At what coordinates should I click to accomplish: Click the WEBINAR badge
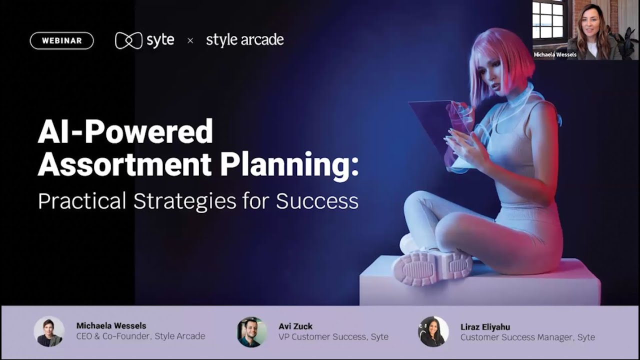pos(62,41)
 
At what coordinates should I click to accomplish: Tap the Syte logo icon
pos(128,40)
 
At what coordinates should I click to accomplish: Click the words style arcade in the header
pos(244,40)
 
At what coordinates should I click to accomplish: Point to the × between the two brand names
pos(190,41)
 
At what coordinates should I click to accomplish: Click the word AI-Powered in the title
pos(125,132)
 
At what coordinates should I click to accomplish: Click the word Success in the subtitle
pos(317,201)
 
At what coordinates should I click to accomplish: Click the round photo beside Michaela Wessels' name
pos(49,331)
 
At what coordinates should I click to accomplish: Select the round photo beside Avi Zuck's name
pos(252,332)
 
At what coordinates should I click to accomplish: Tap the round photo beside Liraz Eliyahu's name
pos(433,331)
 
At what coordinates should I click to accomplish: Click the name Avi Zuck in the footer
pos(295,326)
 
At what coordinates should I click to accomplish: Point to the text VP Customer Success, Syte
pos(333,337)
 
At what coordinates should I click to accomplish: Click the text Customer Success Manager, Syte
pos(527,337)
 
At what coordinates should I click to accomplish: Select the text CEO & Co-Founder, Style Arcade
pos(140,336)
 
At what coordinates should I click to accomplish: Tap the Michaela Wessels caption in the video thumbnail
pos(555,54)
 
